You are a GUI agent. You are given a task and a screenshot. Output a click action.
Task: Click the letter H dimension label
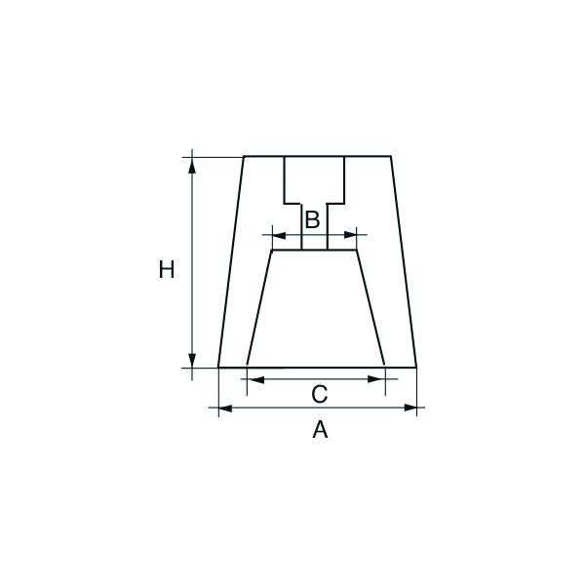[x=167, y=269]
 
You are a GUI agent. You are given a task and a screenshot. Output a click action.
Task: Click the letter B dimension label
[x=313, y=219]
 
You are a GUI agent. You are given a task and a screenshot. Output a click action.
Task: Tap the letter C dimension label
[x=320, y=395]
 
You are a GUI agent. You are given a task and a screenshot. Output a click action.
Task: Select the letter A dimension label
[x=320, y=429]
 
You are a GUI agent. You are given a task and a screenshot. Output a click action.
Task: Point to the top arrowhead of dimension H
[x=192, y=166]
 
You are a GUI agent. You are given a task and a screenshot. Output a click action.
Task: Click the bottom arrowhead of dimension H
[x=192, y=360]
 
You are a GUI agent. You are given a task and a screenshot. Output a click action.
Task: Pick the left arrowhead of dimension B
[x=279, y=235]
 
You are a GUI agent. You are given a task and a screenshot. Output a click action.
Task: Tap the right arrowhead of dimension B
[x=350, y=235]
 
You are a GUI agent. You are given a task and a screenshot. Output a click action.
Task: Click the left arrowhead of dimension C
[x=255, y=380]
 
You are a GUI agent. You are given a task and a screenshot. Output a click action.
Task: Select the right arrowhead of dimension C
[x=376, y=379]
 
